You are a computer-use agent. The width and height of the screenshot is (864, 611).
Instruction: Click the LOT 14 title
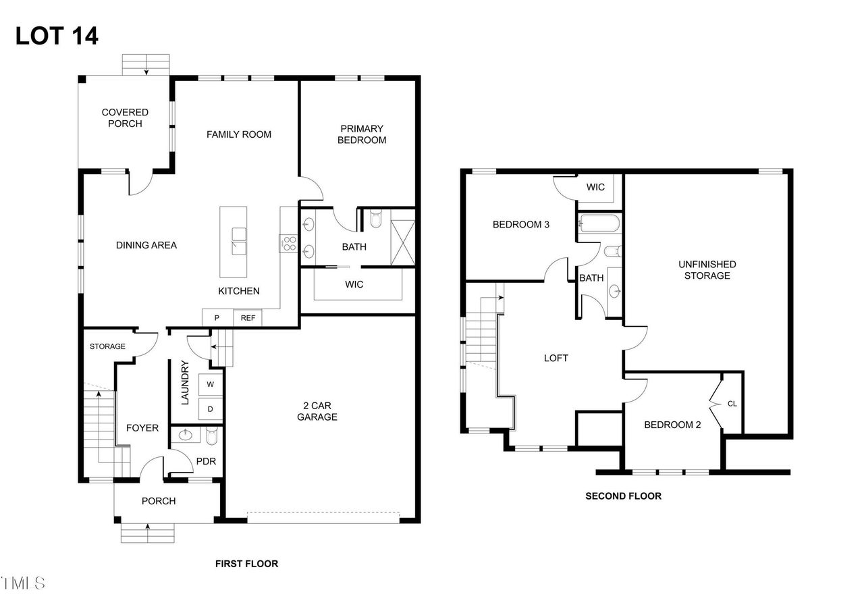(x=57, y=36)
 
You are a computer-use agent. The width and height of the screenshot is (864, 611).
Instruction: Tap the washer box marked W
(x=210, y=385)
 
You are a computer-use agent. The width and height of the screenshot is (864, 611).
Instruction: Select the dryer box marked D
(x=210, y=409)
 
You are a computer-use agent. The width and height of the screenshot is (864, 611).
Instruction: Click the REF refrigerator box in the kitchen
(x=248, y=318)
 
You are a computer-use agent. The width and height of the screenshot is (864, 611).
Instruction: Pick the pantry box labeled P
(x=217, y=318)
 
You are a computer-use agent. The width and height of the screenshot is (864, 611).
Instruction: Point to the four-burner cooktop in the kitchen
(x=289, y=244)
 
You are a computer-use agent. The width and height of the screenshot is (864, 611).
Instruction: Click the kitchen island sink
(x=239, y=242)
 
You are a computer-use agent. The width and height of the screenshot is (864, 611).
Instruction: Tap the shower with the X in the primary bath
(x=403, y=243)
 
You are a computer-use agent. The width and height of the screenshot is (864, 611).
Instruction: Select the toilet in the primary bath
(x=375, y=218)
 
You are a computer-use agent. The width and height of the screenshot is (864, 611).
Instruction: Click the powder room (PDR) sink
(x=186, y=435)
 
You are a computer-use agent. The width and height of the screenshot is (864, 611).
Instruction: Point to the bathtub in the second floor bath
(x=600, y=223)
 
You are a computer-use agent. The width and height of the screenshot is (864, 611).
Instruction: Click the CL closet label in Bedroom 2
(x=732, y=404)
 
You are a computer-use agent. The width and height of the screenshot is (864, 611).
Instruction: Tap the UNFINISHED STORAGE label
(x=707, y=270)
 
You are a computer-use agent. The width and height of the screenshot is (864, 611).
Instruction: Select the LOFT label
(x=556, y=358)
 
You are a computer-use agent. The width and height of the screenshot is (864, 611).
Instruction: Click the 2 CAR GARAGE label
(x=317, y=411)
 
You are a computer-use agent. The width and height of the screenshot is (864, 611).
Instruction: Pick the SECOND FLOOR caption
(x=623, y=496)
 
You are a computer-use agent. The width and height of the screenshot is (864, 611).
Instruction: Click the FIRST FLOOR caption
(x=246, y=564)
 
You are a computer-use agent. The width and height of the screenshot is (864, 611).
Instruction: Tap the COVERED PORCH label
(x=125, y=118)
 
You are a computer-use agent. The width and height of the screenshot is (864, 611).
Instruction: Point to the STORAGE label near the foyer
(x=107, y=346)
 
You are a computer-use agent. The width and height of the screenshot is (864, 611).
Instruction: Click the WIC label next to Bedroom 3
(x=595, y=187)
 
